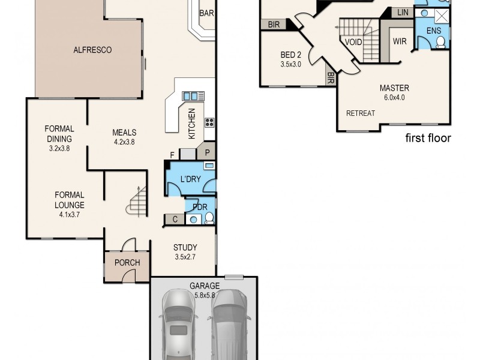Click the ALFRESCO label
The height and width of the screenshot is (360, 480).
[93, 50]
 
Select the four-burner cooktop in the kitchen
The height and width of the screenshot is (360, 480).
[209, 122]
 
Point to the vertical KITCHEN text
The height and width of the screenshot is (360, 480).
[192, 124]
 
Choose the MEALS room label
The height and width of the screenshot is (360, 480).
[124, 133]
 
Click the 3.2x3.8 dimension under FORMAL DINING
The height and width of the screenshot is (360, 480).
[59, 148]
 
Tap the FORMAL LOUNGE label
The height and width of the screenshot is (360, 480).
[69, 200]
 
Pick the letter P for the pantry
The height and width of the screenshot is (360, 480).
[207, 152]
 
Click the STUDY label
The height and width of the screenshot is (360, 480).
[185, 247]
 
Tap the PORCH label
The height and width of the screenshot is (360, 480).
[127, 263]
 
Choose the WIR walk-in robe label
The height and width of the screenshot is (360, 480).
[400, 41]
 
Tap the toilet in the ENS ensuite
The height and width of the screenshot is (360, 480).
[440, 41]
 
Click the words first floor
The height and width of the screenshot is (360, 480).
[428, 138]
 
